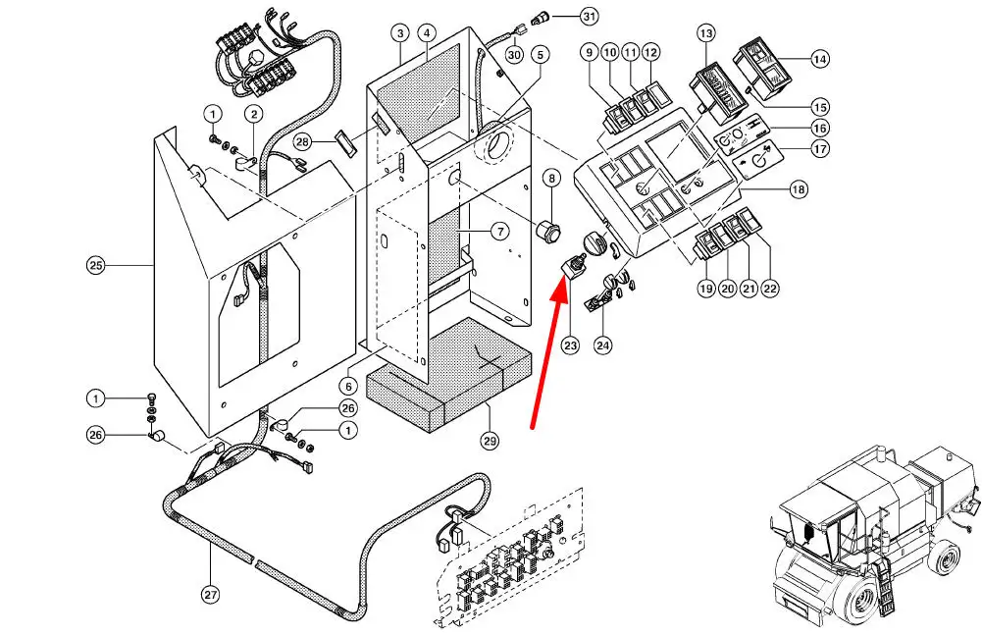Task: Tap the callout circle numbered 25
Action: pos(95,265)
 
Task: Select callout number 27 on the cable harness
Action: pos(209,593)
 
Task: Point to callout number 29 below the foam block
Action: pos(490,442)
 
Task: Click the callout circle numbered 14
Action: pos(820,60)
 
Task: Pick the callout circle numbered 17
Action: pos(820,149)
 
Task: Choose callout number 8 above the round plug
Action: pos(552,179)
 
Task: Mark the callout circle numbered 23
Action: pos(570,344)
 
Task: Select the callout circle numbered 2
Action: pos(253,115)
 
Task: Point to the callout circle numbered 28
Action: pos(303,142)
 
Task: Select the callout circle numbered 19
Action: pos(705,289)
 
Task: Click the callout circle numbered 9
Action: pos(589,51)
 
